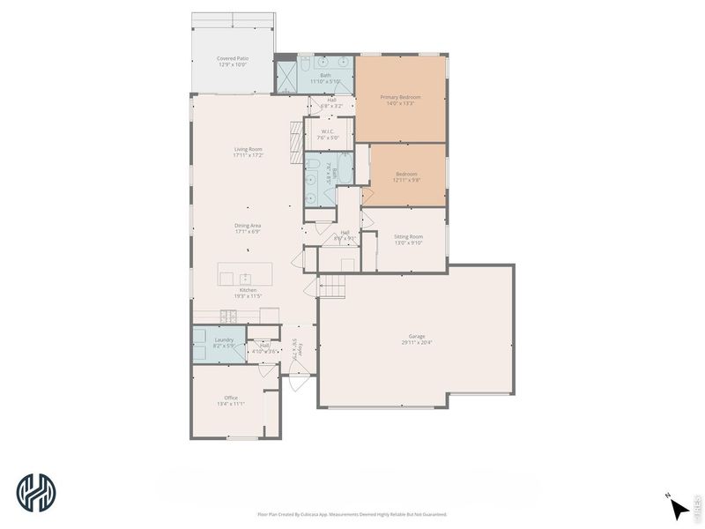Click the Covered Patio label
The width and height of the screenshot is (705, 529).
click(x=233, y=59)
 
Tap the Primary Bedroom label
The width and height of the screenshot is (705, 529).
click(x=399, y=97)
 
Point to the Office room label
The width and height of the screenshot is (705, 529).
click(x=231, y=398)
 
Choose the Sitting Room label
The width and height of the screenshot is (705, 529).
click(x=408, y=236)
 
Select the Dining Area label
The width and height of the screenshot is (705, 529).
click(x=248, y=225)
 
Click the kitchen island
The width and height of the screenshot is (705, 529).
click(x=245, y=274)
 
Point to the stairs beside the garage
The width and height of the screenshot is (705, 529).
click(x=332, y=286)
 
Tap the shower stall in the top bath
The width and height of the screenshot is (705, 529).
click(x=286, y=77)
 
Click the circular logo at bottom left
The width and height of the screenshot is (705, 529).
click(x=36, y=491)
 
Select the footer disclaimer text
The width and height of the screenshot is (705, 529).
click(x=352, y=514)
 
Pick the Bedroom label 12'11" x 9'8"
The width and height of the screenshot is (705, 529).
click(x=406, y=175)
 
